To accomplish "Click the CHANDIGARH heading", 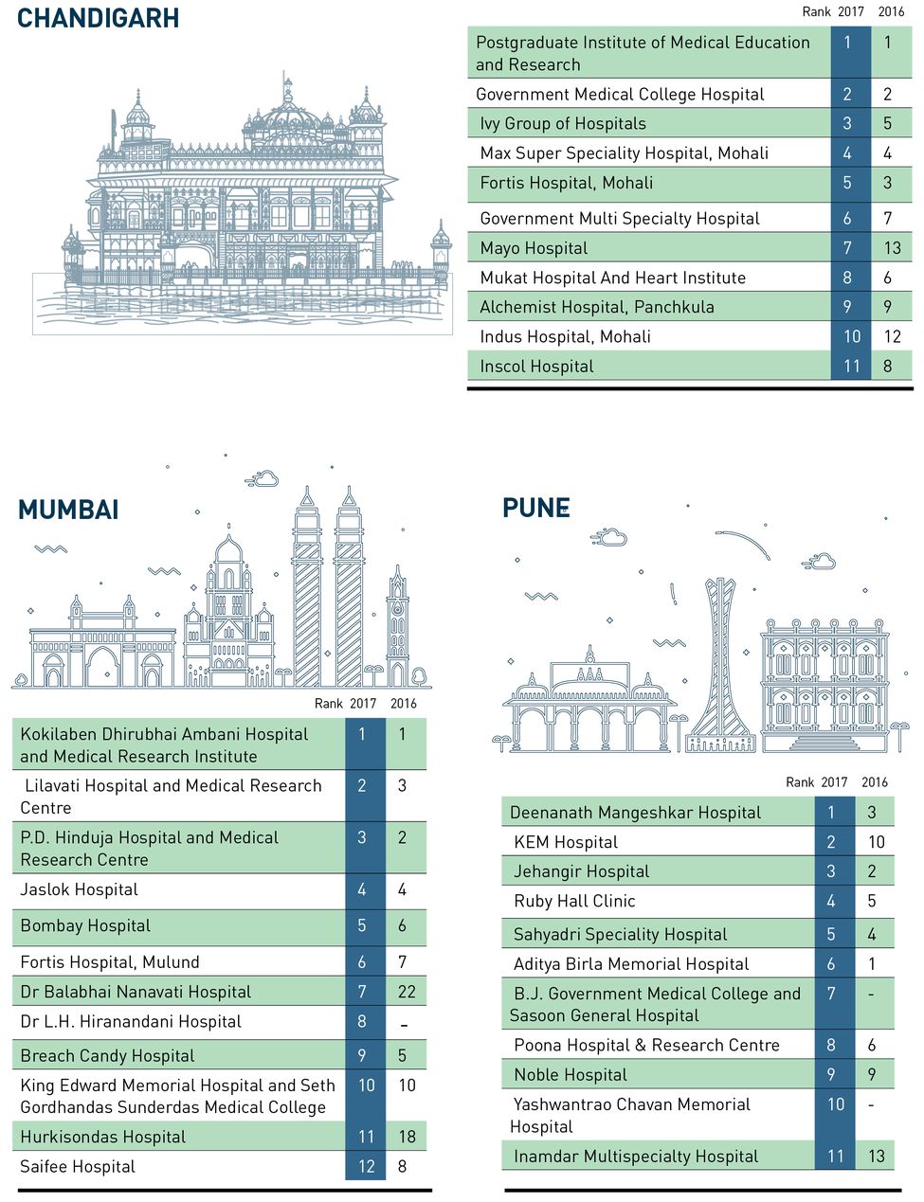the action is point(98,18).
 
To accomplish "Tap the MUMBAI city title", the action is point(68,510).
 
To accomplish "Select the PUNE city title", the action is point(535,508).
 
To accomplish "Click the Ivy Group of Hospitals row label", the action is point(563,123).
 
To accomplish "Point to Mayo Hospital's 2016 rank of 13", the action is point(892,248).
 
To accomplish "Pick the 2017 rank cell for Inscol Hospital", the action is point(851,367).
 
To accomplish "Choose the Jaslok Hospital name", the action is point(79,889).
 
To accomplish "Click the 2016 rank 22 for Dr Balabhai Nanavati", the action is point(407,992).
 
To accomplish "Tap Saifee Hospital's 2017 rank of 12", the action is point(366,1167).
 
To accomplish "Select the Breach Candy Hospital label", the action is point(107,1055).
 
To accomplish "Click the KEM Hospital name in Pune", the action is point(566,842).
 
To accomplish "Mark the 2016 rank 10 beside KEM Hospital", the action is point(876,842).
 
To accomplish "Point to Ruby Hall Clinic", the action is point(574,901).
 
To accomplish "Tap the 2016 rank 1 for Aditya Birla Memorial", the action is point(872,963).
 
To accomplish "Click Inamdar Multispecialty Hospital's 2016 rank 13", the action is point(876,1156).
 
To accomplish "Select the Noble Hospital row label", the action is point(571,1074).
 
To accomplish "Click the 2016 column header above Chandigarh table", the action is point(891,11).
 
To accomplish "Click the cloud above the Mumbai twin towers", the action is point(262,479).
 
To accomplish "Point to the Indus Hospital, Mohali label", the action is point(565,336).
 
